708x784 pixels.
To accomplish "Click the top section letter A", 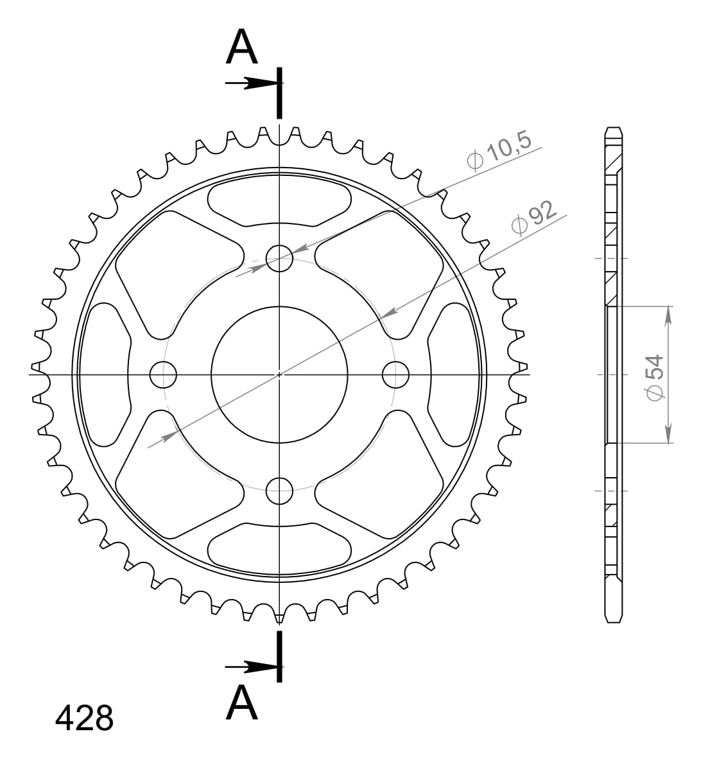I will tap(241, 48).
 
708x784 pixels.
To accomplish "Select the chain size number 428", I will tap(84, 718).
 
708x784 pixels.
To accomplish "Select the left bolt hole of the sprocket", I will tap(163, 374).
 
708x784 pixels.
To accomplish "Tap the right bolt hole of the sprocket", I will tap(395, 374).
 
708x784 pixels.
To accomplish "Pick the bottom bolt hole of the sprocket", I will tap(279, 491).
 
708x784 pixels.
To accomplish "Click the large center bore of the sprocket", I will tap(279, 374).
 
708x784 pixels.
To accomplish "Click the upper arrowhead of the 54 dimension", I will tap(669, 315).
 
